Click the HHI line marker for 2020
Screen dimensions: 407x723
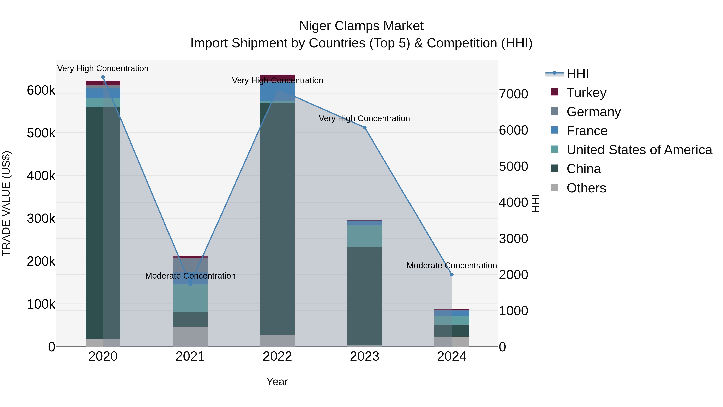tap(103, 77)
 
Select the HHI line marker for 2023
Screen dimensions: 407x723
tap(365, 127)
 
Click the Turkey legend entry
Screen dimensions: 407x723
tap(586, 93)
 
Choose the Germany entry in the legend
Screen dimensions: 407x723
tap(593, 112)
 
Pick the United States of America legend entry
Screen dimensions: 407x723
tap(639, 150)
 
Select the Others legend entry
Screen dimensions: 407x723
tap(586, 188)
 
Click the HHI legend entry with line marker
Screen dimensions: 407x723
tap(577, 74)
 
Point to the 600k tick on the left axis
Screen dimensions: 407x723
tap(41, 90)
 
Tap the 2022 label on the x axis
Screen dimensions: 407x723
tap(277, 356)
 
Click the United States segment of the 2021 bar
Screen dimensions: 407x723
tap(190, 298)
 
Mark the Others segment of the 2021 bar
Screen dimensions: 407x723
tap(190, 336)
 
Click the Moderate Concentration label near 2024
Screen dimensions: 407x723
tap(452, 266)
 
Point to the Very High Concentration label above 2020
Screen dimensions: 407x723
tap(103, 68)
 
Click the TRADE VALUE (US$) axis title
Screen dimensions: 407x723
tap(6, 203)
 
